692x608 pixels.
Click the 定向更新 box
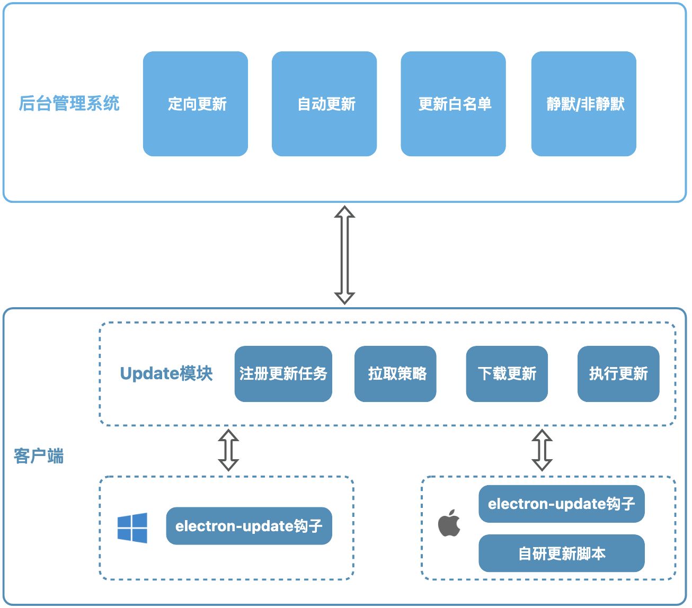[196, 104]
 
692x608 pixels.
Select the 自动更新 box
[324, 104]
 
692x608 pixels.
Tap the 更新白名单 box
[453, 104]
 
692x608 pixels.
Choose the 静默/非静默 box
[583, 104]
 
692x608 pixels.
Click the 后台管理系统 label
[69, 103]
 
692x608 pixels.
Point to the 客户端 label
[39, 455]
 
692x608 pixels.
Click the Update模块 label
[166, 373]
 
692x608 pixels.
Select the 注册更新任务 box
[283, 374]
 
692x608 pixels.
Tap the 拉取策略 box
[395, 374]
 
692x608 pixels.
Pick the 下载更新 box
[507, 374]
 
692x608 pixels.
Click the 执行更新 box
[618, 374]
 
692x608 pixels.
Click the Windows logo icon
[132, 527]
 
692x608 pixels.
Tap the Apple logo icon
[449, 523]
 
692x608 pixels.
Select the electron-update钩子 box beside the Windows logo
[249, 526]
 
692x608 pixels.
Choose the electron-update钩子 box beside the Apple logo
[561, 504]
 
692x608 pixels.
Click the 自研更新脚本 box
[561, 553]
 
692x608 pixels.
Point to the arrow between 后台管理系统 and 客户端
[344, 255]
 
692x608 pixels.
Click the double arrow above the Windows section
[228, 450]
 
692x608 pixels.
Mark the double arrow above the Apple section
[542, 450]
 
